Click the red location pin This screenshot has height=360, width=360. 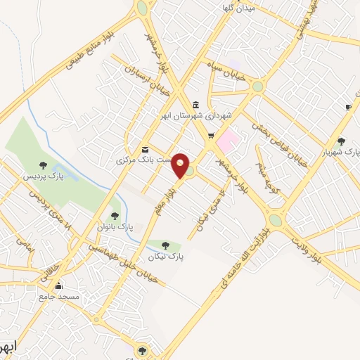181,165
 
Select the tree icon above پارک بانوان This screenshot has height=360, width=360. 114,216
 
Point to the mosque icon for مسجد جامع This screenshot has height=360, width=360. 58,285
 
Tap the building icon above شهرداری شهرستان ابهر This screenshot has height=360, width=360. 195,105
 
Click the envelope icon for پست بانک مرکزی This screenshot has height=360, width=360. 145,149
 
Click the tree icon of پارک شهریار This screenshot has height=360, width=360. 341,141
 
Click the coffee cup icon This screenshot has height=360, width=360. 347,107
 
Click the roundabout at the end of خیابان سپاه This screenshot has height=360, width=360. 258,87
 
